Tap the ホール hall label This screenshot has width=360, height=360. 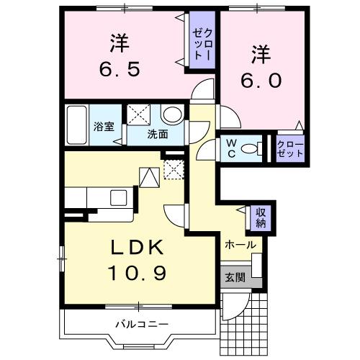240,245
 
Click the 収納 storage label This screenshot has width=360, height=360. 260,217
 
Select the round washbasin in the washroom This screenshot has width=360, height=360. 171,115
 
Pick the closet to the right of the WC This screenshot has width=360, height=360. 289,148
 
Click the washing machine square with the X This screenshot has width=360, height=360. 140,114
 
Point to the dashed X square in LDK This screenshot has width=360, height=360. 173,168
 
